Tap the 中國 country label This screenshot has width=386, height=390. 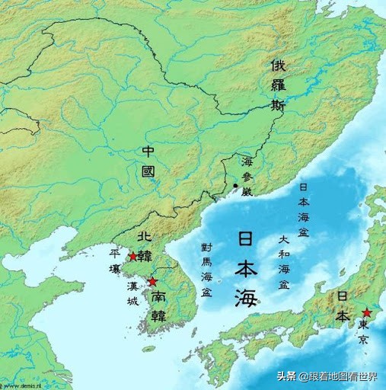(148, 161)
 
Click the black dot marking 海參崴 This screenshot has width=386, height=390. (236, 186)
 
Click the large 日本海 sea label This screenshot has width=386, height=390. (246, 267)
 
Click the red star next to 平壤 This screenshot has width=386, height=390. (133, 257)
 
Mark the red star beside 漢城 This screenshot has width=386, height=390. (152, 282)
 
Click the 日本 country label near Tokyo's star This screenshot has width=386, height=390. (343, 305)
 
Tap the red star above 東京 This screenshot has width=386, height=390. (367, 313)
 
